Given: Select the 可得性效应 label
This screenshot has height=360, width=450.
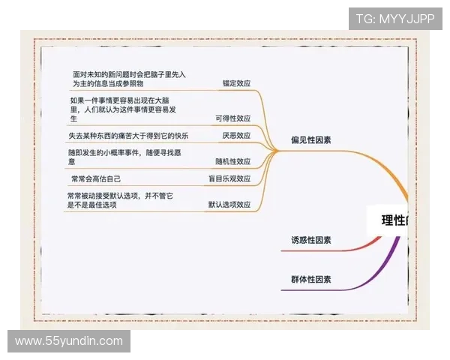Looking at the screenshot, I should (232, 118).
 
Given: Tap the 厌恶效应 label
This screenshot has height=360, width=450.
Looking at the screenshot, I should (236, 136).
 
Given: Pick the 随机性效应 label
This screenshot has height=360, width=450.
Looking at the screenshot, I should (232, 161).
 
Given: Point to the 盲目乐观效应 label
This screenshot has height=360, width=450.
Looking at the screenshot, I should (229, 179).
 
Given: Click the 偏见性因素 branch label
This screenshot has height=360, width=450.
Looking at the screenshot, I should (311, 139).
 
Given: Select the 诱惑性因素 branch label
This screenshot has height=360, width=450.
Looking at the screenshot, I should (311, 241).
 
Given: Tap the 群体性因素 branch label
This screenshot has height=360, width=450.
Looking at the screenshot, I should (311, 280).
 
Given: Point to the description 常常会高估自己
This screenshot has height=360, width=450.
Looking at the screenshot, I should (95, 179).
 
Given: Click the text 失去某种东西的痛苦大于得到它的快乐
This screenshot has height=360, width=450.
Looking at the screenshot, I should (127, 136).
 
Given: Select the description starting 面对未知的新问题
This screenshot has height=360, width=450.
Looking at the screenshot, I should (129, 80).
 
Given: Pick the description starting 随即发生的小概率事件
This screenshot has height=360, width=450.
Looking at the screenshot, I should (118, 157).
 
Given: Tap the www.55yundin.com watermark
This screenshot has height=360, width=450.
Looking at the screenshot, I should (69, 341).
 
